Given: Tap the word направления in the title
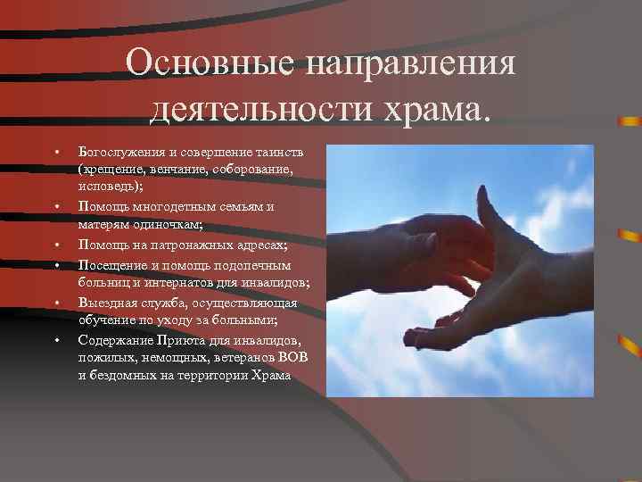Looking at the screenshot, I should click(409, 64).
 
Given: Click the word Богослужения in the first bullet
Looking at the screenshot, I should click(117, 152).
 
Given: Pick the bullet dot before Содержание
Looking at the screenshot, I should click(55, 339).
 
